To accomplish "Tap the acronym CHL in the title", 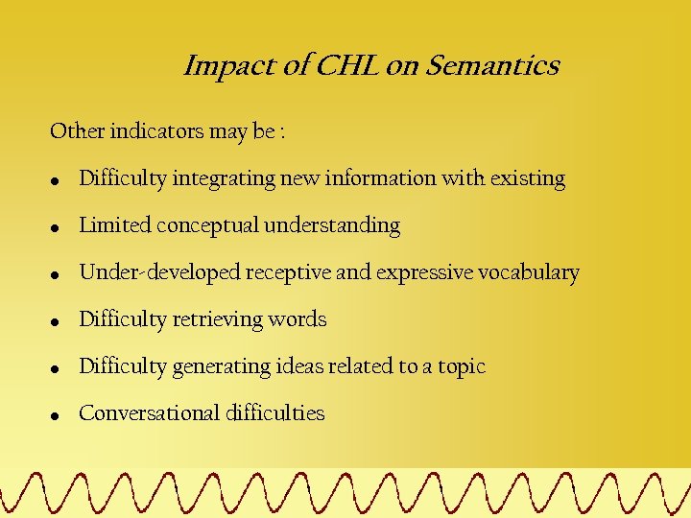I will click(x=348, y=66).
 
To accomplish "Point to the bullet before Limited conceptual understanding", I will click(x=57, y=228).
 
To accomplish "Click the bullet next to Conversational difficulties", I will click(x=57, y=416).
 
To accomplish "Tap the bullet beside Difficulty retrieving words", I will click(x=57, y=322).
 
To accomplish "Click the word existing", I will click(x=527, y=178).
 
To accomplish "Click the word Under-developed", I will click(x=159, y=272).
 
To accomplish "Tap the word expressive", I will click(x=424, y=272).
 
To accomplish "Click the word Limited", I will click(x=115, y=225).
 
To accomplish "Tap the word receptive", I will click(x=287, y=272).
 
